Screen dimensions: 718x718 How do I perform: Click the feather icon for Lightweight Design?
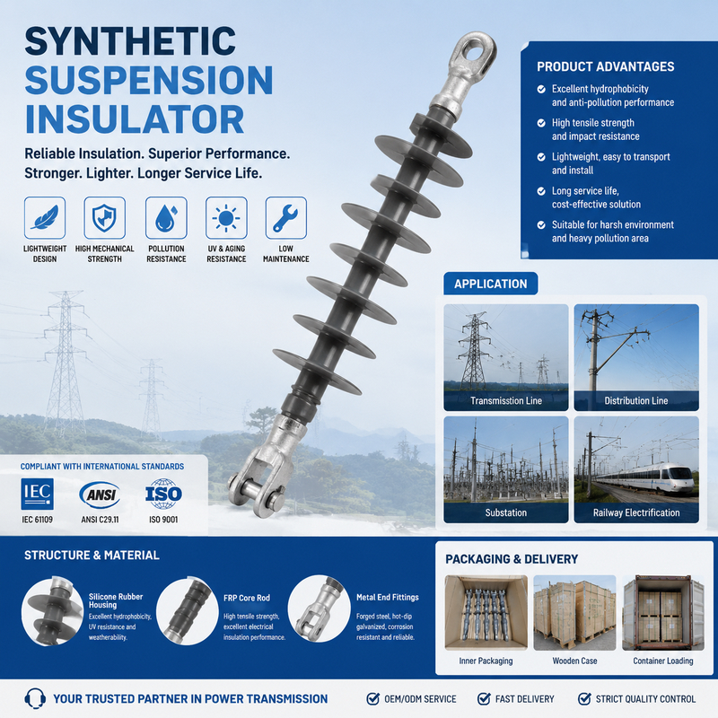[x=45, y=217]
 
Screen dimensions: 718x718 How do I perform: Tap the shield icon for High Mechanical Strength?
[x=104, y=217]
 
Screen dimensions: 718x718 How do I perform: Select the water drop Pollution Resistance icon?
[x=166, y=217]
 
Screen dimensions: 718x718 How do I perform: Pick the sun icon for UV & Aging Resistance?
[x=226, y=217]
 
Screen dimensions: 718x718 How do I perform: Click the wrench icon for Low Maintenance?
[x=285, y=217]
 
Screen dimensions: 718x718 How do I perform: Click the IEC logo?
[x=37, y=495]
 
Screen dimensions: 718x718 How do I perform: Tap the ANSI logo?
[x=100, y=495]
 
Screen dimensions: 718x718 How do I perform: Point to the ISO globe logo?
[x=163, y=495]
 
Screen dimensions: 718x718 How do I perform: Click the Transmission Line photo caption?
[x=506, y=400]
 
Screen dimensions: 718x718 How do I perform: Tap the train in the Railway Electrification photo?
[x=645, y=477]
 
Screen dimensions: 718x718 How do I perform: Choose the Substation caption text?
[x=506, y=512]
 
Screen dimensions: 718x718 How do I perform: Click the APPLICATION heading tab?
[x=490, y=284]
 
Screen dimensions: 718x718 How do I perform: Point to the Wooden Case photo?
[x=574, y=613]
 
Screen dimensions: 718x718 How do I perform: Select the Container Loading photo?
[x=663, y=613]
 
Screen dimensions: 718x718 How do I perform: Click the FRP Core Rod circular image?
[x=188, y=611]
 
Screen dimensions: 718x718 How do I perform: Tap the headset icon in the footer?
[x=35, y=699]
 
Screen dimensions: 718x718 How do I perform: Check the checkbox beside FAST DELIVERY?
[x=484, y=699]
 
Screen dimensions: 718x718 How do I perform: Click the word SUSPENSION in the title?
[x=149, y=80]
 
